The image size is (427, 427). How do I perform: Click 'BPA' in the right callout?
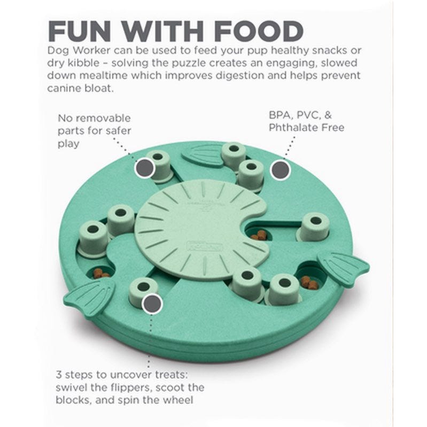(x=280, y=115)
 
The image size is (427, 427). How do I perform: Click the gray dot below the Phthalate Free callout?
(x=280, y=170)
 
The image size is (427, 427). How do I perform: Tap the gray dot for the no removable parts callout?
(x=145, y=168)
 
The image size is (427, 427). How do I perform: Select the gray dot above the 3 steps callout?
(x=152, y=304)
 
